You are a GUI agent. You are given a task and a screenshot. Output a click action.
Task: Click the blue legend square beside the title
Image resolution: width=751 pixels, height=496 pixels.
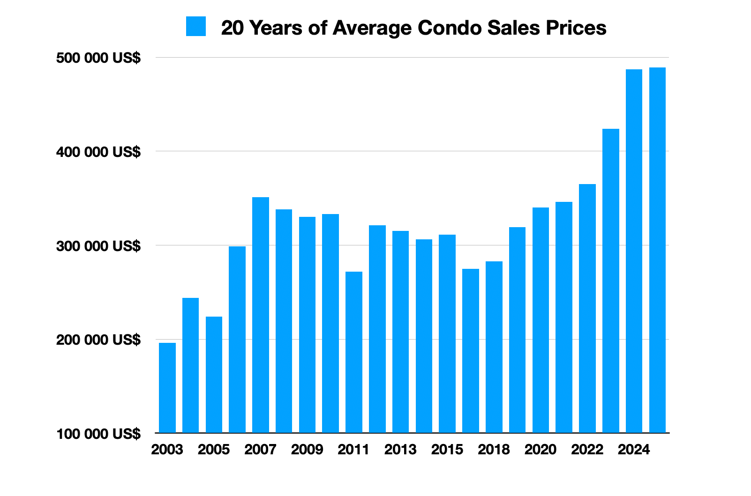195,27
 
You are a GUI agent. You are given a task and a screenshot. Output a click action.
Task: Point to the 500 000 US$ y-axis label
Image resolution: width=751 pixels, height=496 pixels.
98,58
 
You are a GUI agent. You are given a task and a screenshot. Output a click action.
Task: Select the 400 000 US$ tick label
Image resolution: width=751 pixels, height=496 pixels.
98,152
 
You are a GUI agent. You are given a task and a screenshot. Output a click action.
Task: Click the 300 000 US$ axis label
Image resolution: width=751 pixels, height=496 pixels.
98,246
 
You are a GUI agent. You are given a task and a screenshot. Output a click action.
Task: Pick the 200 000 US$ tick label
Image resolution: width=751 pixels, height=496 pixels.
98,340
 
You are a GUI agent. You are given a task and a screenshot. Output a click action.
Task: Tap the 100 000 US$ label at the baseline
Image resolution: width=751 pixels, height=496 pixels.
98,434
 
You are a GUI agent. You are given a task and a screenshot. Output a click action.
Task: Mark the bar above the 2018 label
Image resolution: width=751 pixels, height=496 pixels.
494,347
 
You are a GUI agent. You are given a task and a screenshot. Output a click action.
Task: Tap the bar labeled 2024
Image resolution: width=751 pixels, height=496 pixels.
634,251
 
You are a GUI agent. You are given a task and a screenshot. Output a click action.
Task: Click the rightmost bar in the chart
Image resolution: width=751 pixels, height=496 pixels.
657,250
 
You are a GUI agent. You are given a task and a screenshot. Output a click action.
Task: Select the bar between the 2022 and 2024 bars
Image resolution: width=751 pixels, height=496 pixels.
610,281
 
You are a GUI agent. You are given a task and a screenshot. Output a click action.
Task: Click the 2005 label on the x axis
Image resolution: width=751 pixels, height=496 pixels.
214,450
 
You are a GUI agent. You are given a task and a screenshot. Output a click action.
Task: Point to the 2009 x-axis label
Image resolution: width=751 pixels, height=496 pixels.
307,450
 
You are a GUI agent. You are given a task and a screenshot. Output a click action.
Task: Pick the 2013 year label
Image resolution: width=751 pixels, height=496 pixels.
400,450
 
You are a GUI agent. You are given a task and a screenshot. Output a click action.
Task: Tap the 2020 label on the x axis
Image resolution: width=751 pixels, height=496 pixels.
541,450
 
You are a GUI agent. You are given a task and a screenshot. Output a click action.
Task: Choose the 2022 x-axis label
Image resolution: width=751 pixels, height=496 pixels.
587,450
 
